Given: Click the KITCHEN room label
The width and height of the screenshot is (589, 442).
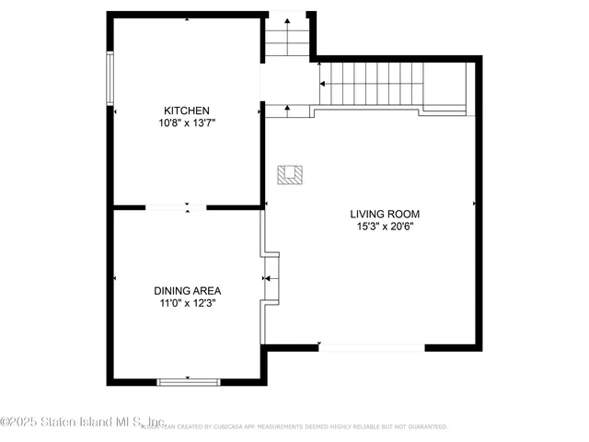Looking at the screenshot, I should [187, 110].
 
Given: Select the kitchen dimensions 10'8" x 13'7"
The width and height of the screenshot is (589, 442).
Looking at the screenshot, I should [187, 122].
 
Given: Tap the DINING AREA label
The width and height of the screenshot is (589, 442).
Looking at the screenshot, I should [187, 290].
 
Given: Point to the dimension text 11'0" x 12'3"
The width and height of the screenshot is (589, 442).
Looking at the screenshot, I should [187, 302].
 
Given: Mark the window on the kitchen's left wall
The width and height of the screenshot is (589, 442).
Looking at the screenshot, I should [110, 78].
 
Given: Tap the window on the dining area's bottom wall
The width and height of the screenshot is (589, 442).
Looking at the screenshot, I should [188, 380].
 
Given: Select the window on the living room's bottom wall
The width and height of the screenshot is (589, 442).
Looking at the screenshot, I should [371, 347].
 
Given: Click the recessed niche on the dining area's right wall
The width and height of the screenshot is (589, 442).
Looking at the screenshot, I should [270, 277].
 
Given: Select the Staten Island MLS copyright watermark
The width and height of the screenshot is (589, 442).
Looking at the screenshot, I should [83, 422].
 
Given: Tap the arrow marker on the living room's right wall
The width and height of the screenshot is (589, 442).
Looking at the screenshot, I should [475, 203].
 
